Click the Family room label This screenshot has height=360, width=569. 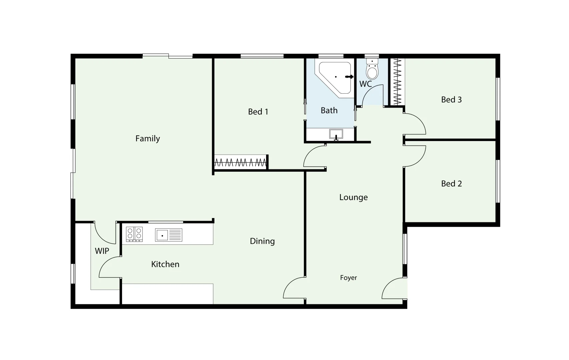click(147, 138)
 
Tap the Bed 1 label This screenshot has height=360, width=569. click(258, 112)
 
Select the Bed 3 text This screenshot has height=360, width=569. click(451, 100)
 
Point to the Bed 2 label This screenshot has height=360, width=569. click(451, 184)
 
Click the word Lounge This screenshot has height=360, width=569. click(353, 197)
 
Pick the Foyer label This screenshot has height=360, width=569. click(348, 278)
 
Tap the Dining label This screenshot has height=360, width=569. click(262, 241)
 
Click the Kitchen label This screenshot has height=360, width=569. click(165, 264)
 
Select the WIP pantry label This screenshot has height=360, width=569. click(102, 251)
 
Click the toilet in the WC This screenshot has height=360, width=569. click(372, 70)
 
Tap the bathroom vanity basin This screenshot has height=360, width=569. click(336, 134)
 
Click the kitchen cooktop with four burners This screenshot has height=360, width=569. click(134, 234)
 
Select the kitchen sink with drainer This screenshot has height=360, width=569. click(168, 235)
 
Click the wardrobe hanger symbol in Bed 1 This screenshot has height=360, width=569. click(240, 163)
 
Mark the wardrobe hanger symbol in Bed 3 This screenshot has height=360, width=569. click(397, 82)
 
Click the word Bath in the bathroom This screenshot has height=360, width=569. click(329, 110)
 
